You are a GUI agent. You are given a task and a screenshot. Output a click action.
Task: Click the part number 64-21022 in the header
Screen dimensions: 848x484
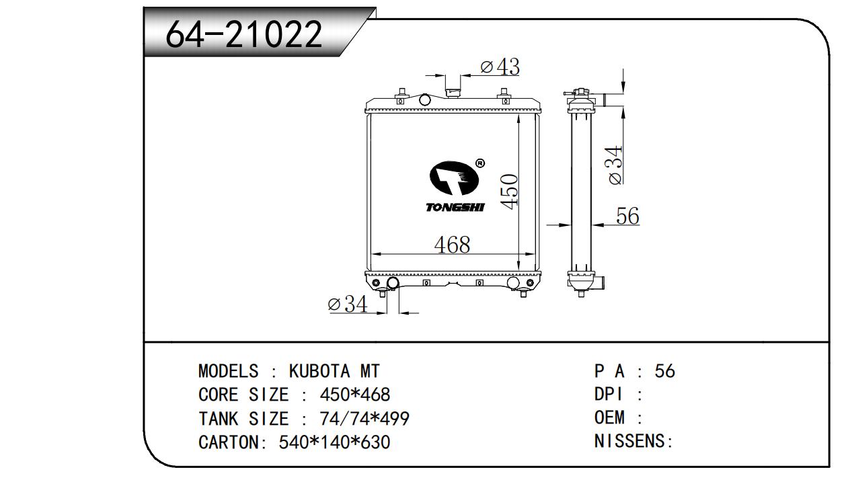tap(244, 34)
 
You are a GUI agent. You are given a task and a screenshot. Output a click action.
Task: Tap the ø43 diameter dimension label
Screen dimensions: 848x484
tap(500, 67)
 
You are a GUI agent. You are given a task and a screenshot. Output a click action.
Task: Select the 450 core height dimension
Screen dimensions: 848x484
tap(509, 191)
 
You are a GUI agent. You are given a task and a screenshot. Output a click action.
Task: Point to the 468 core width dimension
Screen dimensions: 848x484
tap(452, 245)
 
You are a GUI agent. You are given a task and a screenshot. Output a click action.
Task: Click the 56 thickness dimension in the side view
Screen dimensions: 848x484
tap(627, 216)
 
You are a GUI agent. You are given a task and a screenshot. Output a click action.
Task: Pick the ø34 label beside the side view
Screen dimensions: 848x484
tap(615, 165)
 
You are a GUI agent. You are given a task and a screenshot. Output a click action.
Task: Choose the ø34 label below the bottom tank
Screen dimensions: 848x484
tap(348, 304)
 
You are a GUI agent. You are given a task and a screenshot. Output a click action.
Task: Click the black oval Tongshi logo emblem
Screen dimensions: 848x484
tap(454, 178)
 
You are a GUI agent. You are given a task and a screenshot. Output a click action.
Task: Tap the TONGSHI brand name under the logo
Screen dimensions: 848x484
tap(455, 207)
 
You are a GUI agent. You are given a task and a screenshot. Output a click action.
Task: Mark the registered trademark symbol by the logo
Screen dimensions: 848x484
tap(479, 163)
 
